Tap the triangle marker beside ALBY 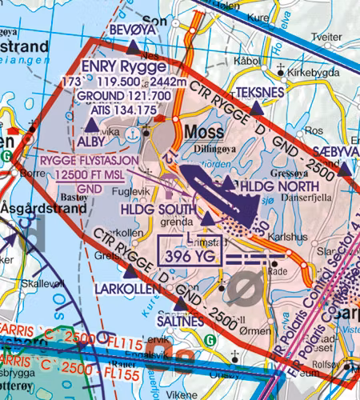(x=92, y=125)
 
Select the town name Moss (x=203, y=130)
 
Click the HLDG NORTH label (x=266, y=183)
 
